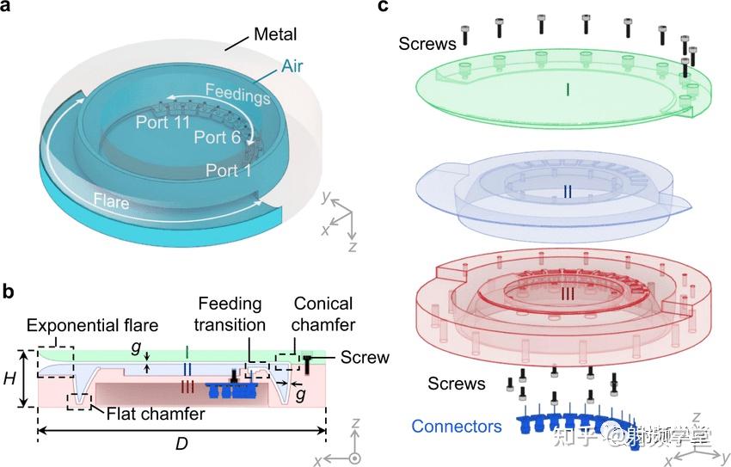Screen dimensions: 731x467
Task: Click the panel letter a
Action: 7,8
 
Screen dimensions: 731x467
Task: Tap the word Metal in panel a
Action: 275,34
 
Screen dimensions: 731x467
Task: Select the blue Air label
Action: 292,66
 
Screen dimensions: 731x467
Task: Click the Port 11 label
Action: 163,122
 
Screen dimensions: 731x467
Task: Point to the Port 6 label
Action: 218,137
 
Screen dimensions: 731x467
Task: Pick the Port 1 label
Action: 229,170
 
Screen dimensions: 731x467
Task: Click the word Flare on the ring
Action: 111,201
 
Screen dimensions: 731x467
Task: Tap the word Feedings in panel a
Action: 237,94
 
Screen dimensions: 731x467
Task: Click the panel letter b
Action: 8,291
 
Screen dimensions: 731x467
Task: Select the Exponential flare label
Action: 92,325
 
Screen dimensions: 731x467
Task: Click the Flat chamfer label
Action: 156,414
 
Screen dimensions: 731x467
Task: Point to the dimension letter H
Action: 9,378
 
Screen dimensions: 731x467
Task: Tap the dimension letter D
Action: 181,444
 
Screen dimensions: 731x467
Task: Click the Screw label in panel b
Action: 365,357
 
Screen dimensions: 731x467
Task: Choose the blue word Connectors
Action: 457,426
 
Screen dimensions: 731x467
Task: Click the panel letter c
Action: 384,7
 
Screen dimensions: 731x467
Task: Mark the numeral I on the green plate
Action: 568,89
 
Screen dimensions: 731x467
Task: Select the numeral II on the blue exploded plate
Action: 568,191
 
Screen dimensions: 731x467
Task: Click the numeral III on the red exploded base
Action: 568,293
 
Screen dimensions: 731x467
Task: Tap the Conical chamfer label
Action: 323,314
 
